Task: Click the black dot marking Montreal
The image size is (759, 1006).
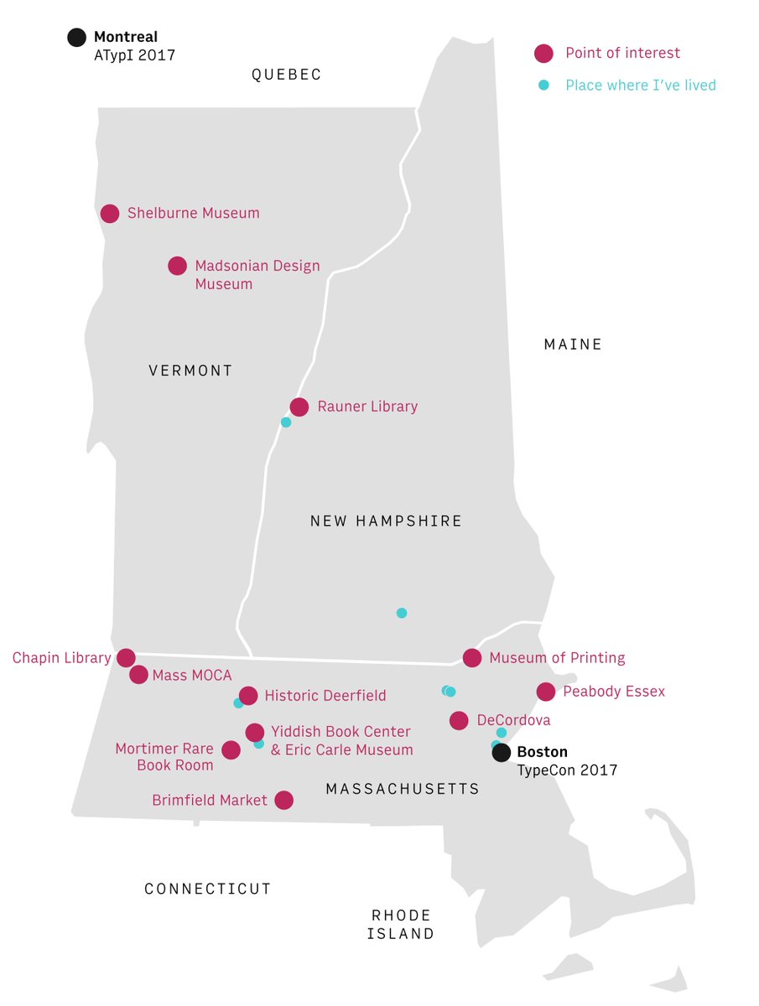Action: click(x=76, y=38)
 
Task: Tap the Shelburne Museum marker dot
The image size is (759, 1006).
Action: click(x=110, y=214)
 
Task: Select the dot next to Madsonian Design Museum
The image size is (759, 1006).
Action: click(x=177, y=266)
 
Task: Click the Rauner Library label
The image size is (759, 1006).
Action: click(x=367, y=407)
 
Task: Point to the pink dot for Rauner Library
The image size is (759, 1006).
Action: click(x=299, y=407)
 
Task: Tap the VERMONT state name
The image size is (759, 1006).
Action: click(x=190, y=371)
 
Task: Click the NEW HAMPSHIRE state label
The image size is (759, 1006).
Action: click(x=386, y=521)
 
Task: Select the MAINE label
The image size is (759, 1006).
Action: click(x=573, y=345)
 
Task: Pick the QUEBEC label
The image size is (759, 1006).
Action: click(x=286, y=75)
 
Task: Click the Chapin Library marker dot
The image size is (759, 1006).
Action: click(x=126, y=658)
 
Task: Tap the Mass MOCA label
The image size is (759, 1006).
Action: click(x=192, y=676)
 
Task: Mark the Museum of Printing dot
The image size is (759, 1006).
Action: click(x=472, y=658)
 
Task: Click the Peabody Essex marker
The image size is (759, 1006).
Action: click(x=546, y=692)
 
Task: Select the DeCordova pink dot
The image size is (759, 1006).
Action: click(x=459, y=720)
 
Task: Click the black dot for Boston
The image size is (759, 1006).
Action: click(x=501, y=753)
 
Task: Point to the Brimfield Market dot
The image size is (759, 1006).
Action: click(x=284, y=801)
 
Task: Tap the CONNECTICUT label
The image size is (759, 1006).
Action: click(x=208, y=889)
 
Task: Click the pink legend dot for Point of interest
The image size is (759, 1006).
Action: click(x=544, y=54)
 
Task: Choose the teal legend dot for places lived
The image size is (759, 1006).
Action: click(x=544, y=85)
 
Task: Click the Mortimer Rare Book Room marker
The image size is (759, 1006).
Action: click(x=231, y=750)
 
